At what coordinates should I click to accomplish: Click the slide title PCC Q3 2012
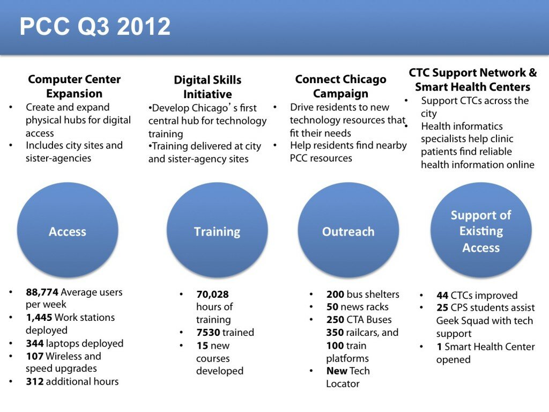coord(95,26)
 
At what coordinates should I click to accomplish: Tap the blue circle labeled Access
coord(68,231)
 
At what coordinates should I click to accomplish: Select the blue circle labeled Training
coord(217,231)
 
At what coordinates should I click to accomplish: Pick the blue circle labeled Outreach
coord(348,231)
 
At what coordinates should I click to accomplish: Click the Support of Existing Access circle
coord(481,231)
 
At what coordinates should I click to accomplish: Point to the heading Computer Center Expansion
coord(74,86)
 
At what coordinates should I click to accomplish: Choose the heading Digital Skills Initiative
coord(207,87)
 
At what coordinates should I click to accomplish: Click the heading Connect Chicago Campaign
coord(340,86)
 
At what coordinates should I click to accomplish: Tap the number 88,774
coord(42,292)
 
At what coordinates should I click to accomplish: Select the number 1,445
coord(39,318)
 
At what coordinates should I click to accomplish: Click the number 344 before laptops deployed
coord(35,343)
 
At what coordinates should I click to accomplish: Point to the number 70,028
coord(212,295)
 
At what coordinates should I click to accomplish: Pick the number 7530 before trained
coord(208,333)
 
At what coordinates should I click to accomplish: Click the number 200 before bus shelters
coord(336,295)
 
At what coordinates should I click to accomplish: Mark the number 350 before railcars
coord(335,333)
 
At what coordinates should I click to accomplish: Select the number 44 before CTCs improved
coord(442,296)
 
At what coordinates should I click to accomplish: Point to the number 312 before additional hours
coord(35,381)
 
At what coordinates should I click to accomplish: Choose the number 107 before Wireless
coord(35,356)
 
